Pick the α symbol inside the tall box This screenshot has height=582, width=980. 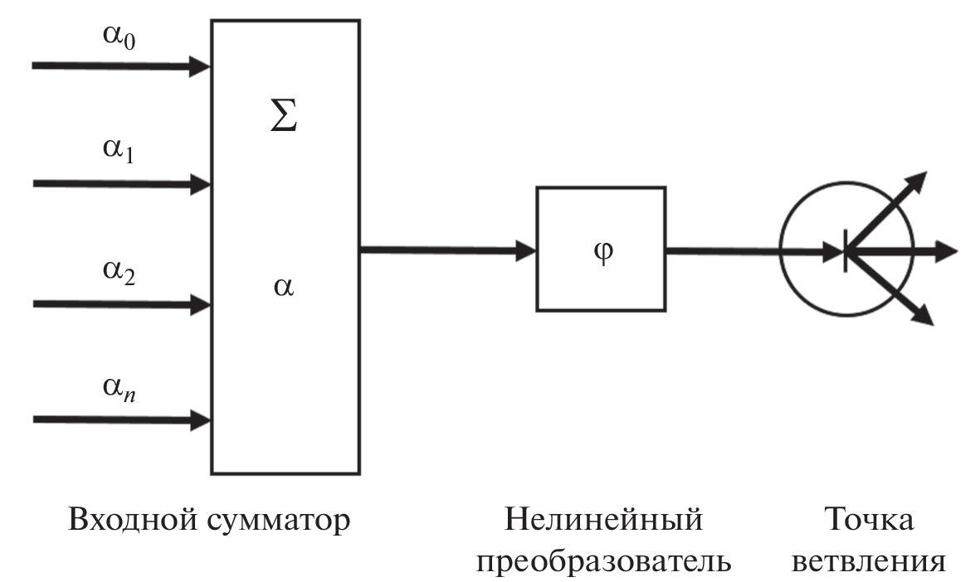pos(284,288)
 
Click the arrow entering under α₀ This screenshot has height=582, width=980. pos(120,65)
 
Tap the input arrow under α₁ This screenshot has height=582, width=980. pos(120,183)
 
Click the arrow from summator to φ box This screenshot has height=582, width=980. pos(448,249)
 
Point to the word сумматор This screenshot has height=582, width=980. pos(279,522)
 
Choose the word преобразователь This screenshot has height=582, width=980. pos(603,561)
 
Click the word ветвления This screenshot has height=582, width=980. pos(868,561)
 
